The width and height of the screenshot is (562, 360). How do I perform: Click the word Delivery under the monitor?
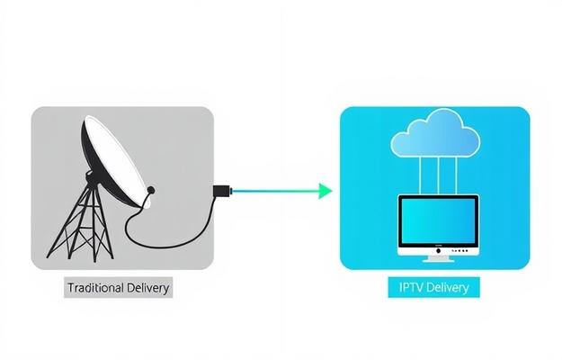[449, 288]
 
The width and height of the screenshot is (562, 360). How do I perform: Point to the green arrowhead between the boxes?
[325, 190]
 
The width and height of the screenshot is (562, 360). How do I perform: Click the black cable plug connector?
[220, 190]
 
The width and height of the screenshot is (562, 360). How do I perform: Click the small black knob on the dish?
[151, 190]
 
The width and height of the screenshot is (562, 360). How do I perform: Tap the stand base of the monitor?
[439, 259]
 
